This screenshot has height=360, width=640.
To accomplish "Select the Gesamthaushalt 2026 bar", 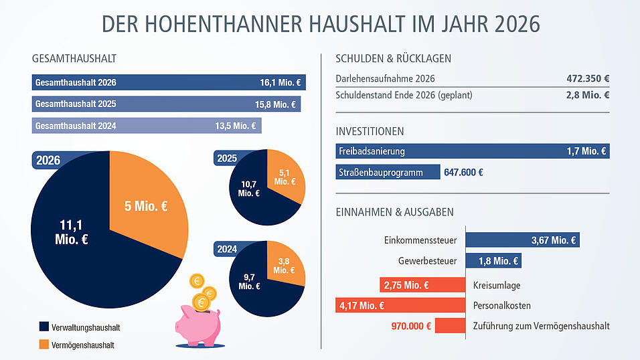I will point(168,84).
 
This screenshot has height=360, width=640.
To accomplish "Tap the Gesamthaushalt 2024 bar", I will point(146,125).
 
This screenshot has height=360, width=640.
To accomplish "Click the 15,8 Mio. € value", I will point(275,104).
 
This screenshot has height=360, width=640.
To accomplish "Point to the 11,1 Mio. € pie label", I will point(72,232).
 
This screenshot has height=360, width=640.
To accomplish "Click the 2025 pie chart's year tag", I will point(227,158).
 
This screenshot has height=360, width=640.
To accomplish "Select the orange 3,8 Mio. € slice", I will point(285,265).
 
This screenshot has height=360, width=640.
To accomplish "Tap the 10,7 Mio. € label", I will point(248,188).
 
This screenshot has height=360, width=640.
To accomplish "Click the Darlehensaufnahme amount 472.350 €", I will point(587,78).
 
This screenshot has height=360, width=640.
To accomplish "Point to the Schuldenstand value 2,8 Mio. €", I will point(587,95).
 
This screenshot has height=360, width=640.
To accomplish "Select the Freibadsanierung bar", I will point(472,151).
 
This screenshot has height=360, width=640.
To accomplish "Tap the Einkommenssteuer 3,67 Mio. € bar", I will point(522,240).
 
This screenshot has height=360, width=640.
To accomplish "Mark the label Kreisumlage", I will point(496,285).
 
